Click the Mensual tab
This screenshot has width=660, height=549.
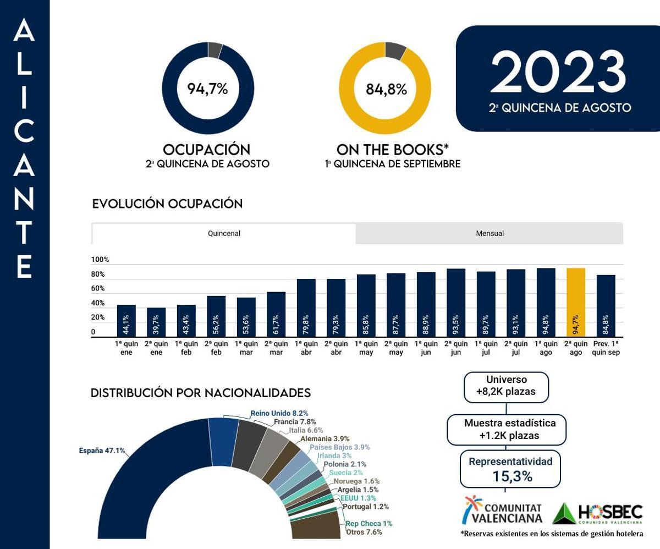[x=490, y=233]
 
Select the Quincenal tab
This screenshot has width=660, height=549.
[x=224, y=233]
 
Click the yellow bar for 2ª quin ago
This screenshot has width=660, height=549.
[x=576, y=303]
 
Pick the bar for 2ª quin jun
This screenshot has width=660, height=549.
[x=456, y=303]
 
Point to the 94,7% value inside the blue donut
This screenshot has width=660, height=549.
[x=207, y=89]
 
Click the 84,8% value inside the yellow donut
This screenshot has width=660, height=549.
[x=386, y=89]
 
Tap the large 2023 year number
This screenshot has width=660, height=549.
[x=558, y=72]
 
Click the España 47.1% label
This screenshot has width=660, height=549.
[x=102, y=451]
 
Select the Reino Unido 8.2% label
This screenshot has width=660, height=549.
[x=279, y=413]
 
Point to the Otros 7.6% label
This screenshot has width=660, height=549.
[x=364, y=532]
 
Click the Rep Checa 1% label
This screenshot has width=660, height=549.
[x=369, y=524]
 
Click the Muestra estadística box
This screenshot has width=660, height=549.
[x=507, y=429]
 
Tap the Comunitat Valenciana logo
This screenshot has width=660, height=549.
[x=502, y=510]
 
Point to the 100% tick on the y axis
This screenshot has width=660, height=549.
[x=100, y=260]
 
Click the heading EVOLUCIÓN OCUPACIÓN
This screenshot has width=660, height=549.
[x=167, y=204]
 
